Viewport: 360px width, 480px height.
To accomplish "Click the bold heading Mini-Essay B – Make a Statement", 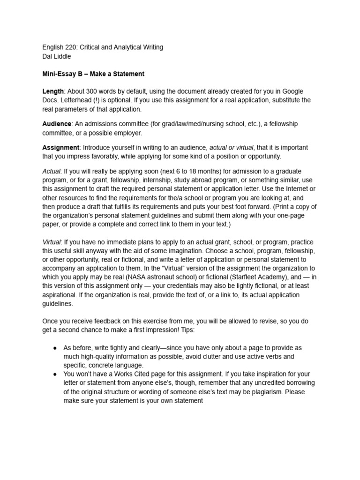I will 93,74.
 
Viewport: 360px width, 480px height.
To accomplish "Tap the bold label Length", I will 52,92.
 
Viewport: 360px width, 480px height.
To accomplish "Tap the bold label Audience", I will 57,124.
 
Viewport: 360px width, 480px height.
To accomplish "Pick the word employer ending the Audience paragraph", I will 127,133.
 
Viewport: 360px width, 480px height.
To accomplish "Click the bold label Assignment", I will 60,147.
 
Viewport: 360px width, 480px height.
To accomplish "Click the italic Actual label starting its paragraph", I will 52,171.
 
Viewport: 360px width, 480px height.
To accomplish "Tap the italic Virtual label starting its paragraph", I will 52,242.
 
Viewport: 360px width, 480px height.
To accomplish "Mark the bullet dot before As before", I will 55,348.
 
